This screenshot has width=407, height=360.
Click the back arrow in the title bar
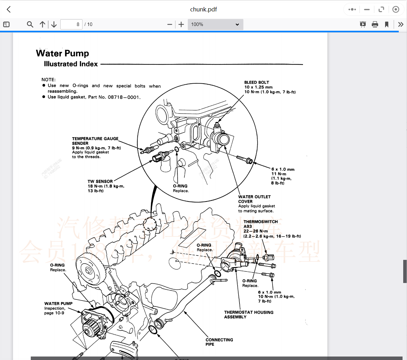coord(9,10)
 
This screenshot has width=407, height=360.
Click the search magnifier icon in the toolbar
coord(30,24)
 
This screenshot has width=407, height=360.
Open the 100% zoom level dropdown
coord(215,24)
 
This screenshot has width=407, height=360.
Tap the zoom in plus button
coord(181,24)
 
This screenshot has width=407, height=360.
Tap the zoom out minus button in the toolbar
coord(170,24)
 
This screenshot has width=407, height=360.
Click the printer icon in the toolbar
coord(375,24)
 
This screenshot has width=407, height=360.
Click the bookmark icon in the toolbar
coord(387,24)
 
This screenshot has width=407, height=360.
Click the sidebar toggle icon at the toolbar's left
coord(6,24)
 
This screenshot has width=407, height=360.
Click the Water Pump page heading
coord(62,53)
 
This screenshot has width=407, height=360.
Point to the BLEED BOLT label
coord(256,82)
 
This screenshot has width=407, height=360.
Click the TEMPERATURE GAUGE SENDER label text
coord(95,141)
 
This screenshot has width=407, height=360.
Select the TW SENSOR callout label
coord(100,182)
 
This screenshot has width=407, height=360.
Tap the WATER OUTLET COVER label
coord(254,199)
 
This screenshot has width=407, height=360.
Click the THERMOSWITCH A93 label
coord(260,224)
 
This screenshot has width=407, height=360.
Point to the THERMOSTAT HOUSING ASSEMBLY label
coord(248,314)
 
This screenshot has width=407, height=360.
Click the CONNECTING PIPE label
coord(219,342)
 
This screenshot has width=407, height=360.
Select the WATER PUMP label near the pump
coord(58,304)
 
